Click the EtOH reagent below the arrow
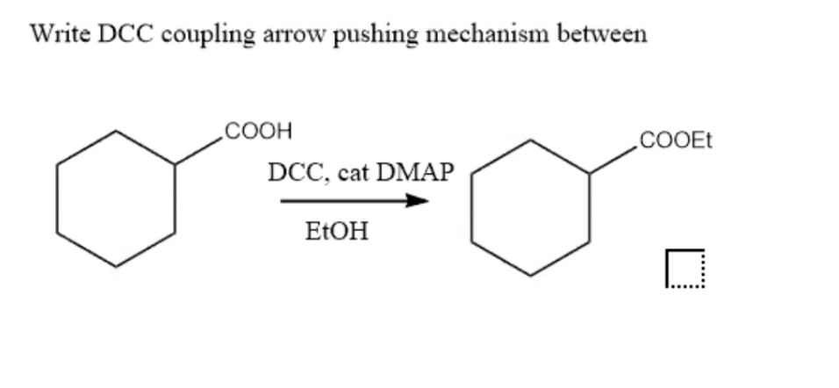click(x=337, y=233)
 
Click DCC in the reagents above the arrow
click(x=297, y=173)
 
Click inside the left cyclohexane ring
click(x=116, y=198)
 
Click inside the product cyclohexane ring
click(x=530, y=207)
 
